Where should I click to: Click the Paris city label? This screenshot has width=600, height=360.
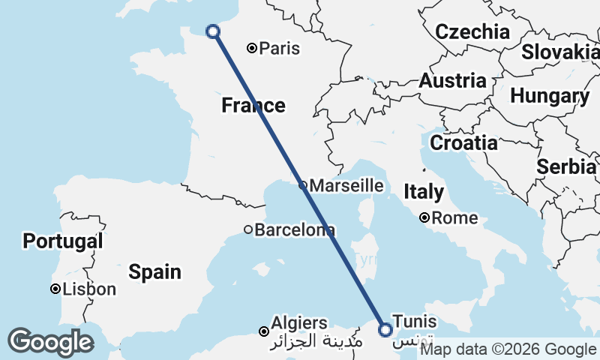(x=280, y=49)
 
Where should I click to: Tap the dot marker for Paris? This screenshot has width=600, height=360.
(x=252, y=48)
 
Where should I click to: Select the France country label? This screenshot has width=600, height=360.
(x=253, y=106)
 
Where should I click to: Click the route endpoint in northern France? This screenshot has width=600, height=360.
(x=213, y=31)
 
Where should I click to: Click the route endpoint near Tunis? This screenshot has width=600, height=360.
(x=385, y=329)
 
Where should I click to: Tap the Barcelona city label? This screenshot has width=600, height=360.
(x=294, y=229)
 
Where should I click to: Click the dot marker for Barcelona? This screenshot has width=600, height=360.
(x=248, y=229)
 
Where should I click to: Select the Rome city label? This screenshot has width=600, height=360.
(x=454, y=218)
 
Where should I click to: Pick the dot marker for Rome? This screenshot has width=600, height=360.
(x=424, y=218)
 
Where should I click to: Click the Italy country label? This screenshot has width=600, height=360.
(x=424, y=191)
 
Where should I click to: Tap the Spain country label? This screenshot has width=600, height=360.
(x=154, y=271)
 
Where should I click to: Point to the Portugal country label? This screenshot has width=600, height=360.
(x=63, y=241)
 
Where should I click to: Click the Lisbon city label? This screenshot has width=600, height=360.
(x=89, y=289)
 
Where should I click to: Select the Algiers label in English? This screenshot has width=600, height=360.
(x=300, y=323)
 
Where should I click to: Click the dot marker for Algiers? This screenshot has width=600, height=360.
(x=263, y=331)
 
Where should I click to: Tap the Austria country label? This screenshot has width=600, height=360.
(x=452, y=80)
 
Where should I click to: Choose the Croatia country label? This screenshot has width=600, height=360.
(x=463, y=142)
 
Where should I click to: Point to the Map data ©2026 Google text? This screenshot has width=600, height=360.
(x=508, y=349)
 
